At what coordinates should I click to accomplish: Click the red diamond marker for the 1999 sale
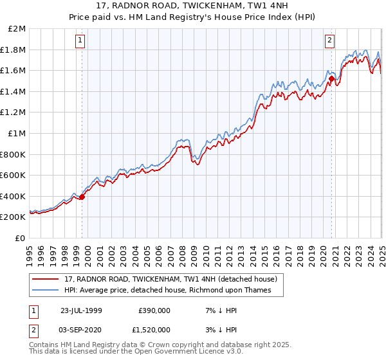coord(82,197)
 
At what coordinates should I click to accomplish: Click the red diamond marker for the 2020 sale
coord(332,79)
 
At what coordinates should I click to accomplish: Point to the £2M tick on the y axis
coord(17,29)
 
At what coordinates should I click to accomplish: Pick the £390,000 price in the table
coord(154,311)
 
